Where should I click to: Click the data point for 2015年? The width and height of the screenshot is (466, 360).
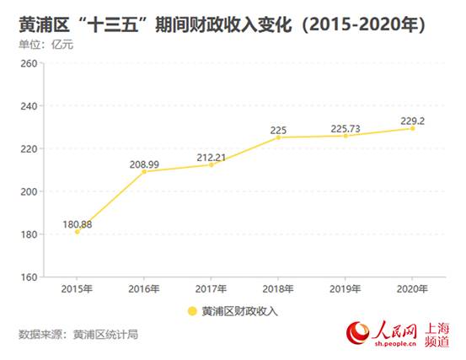click(77, 231)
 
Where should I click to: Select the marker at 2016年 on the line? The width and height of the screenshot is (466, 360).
click(144, 171)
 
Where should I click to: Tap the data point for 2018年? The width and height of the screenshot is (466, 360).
click(279, 137)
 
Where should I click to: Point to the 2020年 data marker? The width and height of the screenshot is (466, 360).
click(413, 128)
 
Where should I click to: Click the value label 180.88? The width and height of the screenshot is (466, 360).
click(78, 223)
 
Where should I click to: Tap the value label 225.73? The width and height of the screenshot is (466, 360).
click(345, 128)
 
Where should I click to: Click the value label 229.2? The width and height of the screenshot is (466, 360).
click(411, 121)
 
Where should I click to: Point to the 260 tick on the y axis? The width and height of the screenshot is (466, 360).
click(26, 63)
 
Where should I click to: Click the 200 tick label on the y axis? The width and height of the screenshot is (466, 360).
click(26, 191)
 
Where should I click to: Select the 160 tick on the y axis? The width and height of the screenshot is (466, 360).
click(26, 277)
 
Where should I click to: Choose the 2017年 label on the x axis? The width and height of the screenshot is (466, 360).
click(212, 289)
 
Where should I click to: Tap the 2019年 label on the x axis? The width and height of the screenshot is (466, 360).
click(345, 289)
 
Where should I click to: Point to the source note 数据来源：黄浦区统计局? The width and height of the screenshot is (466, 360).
click(78, 334)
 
